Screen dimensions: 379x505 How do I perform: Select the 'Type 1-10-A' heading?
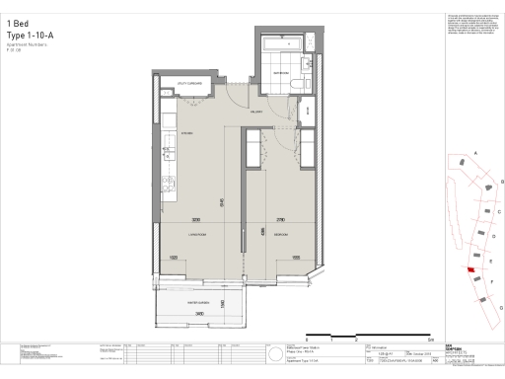tap(29, 35)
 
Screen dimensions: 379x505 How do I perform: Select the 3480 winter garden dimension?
tap(199, 313)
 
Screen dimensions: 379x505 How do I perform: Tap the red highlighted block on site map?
tap(470, 269)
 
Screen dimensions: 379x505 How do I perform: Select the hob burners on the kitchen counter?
tap(168, 182)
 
